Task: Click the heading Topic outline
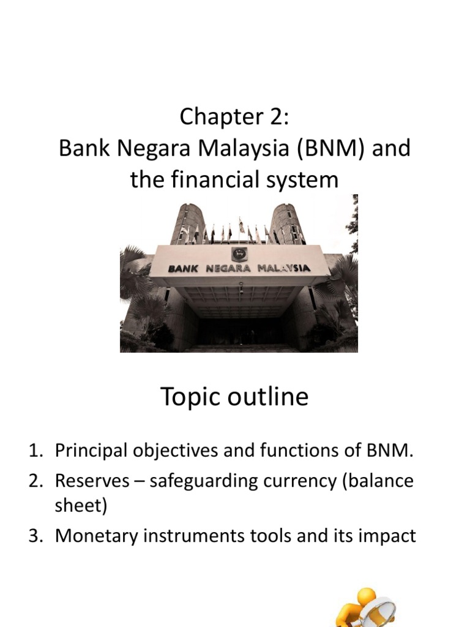click(234, 397)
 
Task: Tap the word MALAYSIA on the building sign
click(282, 268)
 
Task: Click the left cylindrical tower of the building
click(187, 224)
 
